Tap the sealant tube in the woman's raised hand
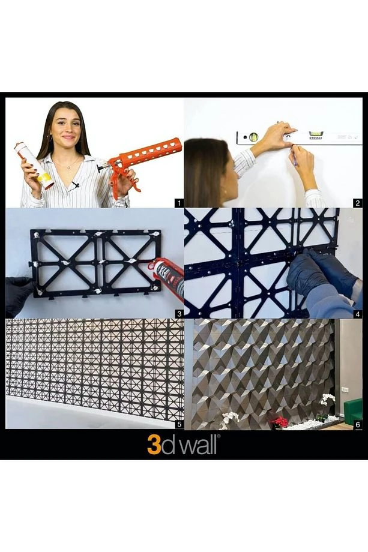tap(34, 164)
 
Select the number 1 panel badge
tap(178, 203)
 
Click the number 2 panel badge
tap(358, 203)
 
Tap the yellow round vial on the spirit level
tap(254, 137)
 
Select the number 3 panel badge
tap(178, 313)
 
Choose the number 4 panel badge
tap(358, 313)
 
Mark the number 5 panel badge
tap(178, 424)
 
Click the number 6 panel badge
tap(358, 424)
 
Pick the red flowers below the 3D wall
tap(280, 421)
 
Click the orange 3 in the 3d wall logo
tap(154, 445)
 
